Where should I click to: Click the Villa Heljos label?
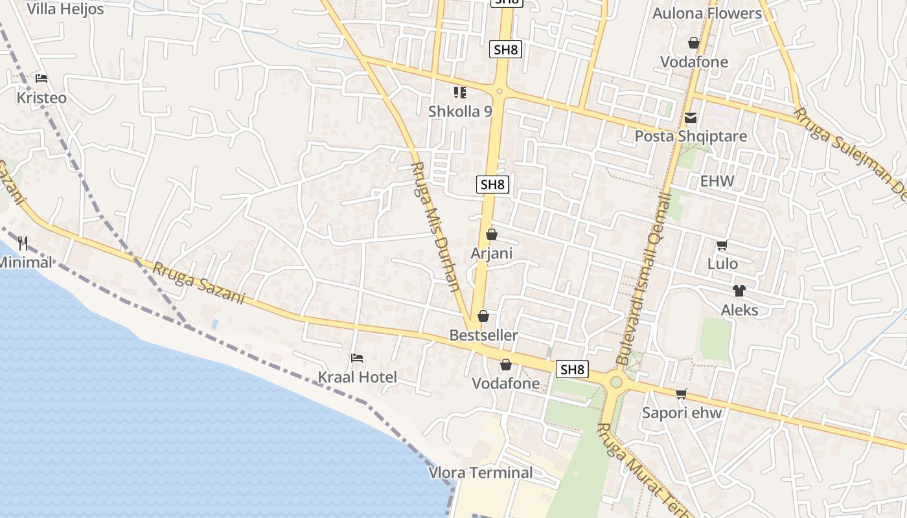point(65,9)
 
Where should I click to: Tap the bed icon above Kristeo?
point(41,78)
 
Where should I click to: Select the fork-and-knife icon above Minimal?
point(23,243)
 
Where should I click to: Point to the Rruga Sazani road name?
point(199,283)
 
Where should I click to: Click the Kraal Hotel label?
point(357,377)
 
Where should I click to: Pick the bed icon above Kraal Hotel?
point(356,357)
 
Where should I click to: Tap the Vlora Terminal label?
point(481,473)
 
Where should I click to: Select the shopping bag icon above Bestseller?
point(483,316)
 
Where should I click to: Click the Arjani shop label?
point(491,253)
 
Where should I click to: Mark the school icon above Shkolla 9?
point(460,93)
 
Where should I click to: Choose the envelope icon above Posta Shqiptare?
point(691,118)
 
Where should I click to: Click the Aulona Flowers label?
point(707,14)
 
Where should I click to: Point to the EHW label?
point(717,181)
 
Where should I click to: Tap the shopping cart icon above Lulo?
point(722,245)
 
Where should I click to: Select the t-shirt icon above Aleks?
point(739,290)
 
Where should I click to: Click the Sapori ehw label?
point(682,412)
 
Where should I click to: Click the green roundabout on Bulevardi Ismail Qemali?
point(615,382)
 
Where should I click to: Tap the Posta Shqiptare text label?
point(691,137)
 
